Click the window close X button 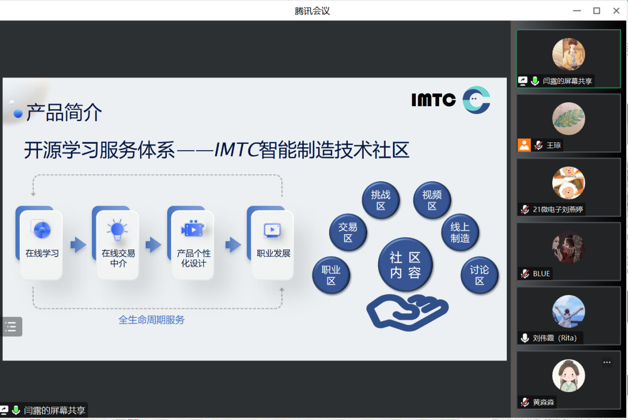[x=616, y=11]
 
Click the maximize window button [x=597, y=11]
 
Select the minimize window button [x=577, y=11]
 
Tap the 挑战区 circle [x=381, y=200]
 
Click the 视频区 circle [x=432, y=200]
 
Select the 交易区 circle [x=348, y=232]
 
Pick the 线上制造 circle [x=460, y=232]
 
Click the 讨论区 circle [x=480, y=275]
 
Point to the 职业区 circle [x=331, y=275]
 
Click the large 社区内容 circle [x=405, y=265]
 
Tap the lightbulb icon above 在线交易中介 [x=117, y=230]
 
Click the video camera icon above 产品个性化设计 [x=193, y=229]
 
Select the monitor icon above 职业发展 [x=272, y=231]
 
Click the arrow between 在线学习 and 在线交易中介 [x=78, y=245]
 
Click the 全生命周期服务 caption [x=151, y=320]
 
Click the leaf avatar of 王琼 [x=569, y=119]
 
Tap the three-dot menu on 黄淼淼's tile [x=607, y=362]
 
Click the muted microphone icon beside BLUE [x=525, y=274]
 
